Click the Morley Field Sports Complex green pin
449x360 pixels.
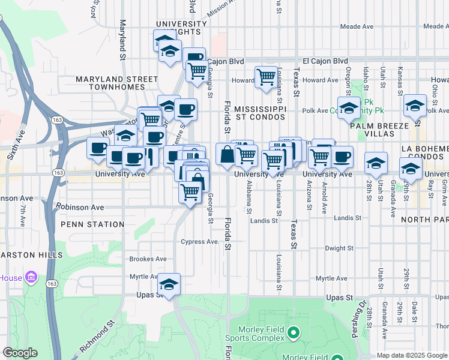pos(294,332)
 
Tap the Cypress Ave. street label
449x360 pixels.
pos(200,242)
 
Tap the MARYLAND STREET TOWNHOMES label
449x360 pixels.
pos(117,83)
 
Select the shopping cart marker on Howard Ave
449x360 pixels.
pos(265,77)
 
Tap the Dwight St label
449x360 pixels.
pos(339,248)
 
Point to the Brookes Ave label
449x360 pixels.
pos(148,259)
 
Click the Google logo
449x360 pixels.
pos(20,352)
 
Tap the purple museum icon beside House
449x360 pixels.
pos(31,278)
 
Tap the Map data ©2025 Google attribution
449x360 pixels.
pos(412,355)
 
